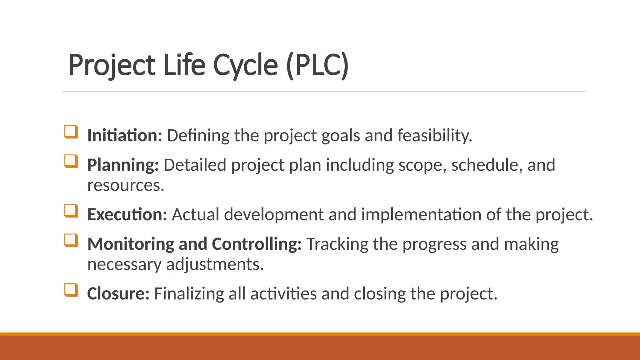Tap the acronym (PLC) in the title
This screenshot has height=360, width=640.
pyautogui.click(x=317, y=65)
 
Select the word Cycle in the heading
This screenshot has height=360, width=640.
pyautogui.click(x=245, y=65)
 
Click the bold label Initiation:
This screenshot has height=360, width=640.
pyautogui.click(x=125, y=136)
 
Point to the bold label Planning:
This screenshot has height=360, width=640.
pyautogui.click(x=123, y=165)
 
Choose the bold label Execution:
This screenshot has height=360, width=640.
pyautogui.click(x=127, y=215)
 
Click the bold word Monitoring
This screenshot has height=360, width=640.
pyautogui.click(x=131, y=244)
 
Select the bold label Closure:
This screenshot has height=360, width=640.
pyautogui.click(x=118, y=294)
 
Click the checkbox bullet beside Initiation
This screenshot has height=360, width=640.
pyautogui.click(x=71, y=132)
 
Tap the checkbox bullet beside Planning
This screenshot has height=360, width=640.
pyautogui.click(x=71, y=161)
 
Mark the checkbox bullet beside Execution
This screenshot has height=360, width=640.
pyautogui.click(x=71, y=211)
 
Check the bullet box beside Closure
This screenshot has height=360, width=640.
pyautogui.click(x=71, y=290)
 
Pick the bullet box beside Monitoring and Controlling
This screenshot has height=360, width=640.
pyautogui.click(x=71, y=240)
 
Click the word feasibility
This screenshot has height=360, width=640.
pyautogui.click(x=434, y=136)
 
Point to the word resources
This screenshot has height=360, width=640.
pyautogui.click(x=126, y=185)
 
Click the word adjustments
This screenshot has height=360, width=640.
pyautogui.click(x=215, y=264)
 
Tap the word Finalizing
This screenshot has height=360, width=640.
pyautogui.click(x=189, y=294)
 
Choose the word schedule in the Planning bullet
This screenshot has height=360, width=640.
pyautogui.click(x=487, y=165)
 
